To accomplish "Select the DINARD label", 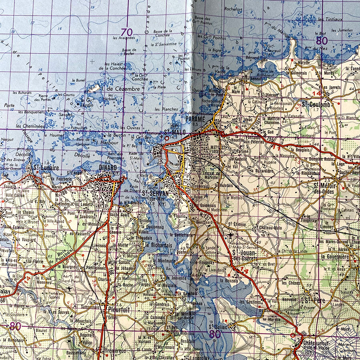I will tap(108, 168).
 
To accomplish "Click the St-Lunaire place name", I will tap(44, 168).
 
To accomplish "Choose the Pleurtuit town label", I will tap(118, 308).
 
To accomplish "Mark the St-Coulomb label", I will tap(316, 104).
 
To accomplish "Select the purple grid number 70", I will tap(127, 32).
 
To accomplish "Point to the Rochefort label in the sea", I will tap(234, 9).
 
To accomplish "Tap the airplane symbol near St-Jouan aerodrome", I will tap(231, 236).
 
